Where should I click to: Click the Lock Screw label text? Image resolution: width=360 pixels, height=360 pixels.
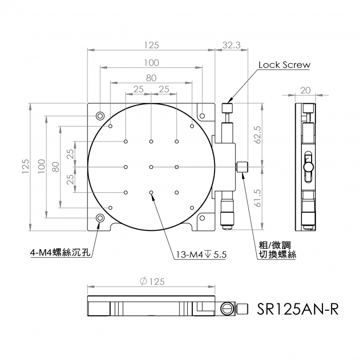coord(284,65)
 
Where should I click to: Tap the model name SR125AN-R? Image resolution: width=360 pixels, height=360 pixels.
coord(298,309)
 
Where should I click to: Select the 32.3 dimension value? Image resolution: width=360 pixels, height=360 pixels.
coord(231,45)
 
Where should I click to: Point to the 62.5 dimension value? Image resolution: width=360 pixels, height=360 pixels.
coord(258,135)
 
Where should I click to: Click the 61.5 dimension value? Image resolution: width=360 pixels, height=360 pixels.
coord(258,198)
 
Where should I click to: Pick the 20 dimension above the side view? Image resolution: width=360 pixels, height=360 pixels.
coord(305,91)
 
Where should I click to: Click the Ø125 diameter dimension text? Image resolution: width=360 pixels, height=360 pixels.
coord(152,281)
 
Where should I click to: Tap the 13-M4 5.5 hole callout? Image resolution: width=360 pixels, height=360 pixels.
coord(201,255)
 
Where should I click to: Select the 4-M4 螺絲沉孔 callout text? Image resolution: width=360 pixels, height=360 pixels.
coord(60,253)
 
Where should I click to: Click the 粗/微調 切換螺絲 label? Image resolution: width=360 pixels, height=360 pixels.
coord(277,250)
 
